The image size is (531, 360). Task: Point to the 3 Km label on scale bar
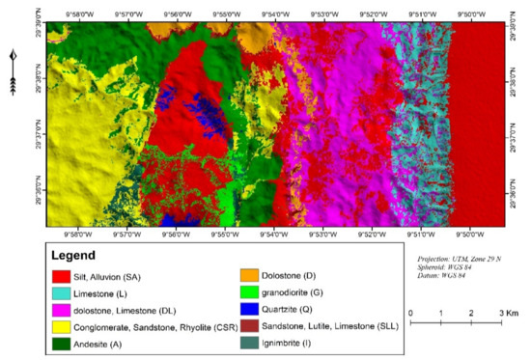point(506,315)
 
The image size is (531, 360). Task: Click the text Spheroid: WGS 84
point(444,271)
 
